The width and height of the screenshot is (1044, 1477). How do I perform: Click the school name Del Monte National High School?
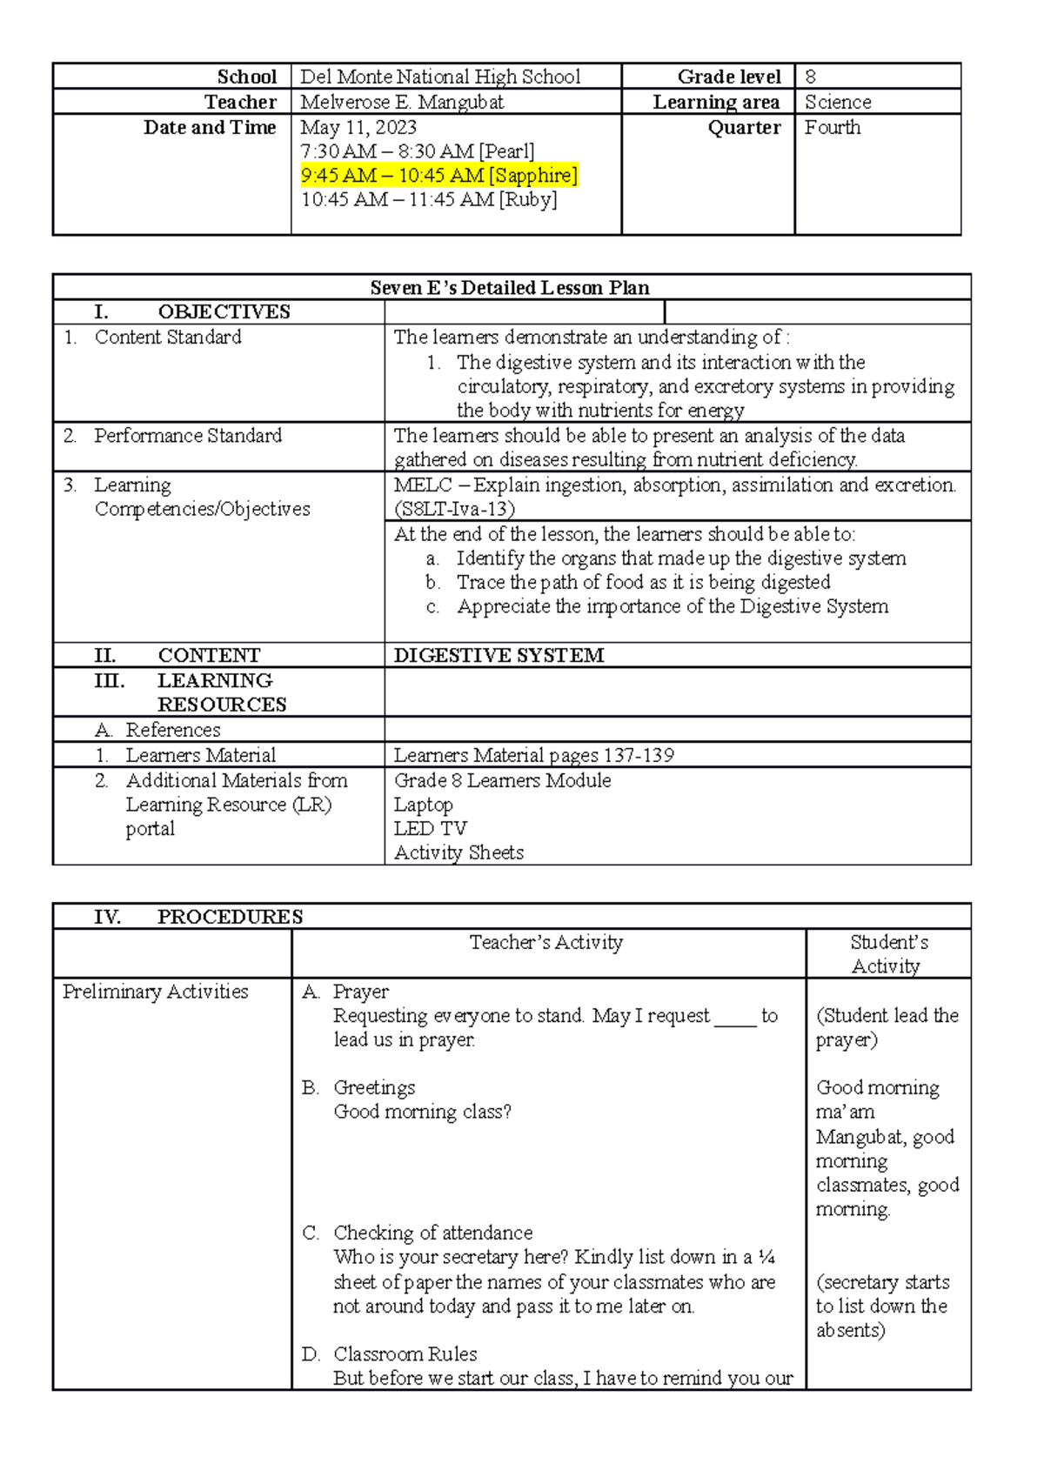click(439, 77)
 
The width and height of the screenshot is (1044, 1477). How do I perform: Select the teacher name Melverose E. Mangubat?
click(401, 102)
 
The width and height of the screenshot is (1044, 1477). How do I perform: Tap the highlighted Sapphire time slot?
click(438, 175)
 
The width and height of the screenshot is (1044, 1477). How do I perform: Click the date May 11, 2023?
click(358, 127)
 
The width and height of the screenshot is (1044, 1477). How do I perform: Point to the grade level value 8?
click(810, 77)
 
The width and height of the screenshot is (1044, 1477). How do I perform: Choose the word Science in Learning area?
click(837, 102)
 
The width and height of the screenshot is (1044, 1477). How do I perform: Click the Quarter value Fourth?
click(832, 127)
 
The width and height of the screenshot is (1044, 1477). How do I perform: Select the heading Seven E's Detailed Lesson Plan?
click(510, 287)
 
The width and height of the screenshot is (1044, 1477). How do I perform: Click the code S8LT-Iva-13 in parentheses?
click(454, 509)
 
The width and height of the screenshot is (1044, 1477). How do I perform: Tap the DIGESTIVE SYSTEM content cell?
click(499, 655)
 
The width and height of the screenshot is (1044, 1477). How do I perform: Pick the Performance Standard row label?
click(187, 435)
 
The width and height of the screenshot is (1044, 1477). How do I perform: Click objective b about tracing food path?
click(643, 582)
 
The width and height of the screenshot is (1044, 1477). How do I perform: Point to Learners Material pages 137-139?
click(533, 755)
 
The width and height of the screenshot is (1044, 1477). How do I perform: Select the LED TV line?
click(430, 828)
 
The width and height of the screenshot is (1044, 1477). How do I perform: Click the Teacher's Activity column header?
click(545, 942)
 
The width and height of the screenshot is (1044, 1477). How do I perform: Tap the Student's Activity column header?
click(887, 953)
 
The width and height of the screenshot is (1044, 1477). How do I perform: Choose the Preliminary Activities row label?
click(155, 992)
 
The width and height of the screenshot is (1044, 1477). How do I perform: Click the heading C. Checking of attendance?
click(432, 1233)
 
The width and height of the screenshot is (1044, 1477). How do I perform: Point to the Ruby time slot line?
click(428, 199)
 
